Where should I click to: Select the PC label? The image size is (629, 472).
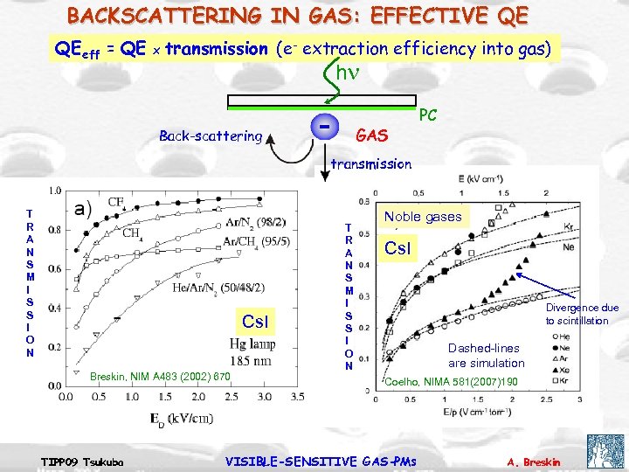click(428, 115)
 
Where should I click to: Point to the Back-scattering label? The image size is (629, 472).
click(211, 135)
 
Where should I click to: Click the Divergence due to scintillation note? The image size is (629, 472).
click(582, 314)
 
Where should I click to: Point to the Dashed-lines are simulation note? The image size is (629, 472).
click(486, 355)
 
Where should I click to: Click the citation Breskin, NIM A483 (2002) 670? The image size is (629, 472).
click(160, 377)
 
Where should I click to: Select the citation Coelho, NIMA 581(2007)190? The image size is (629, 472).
click(451, 382)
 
